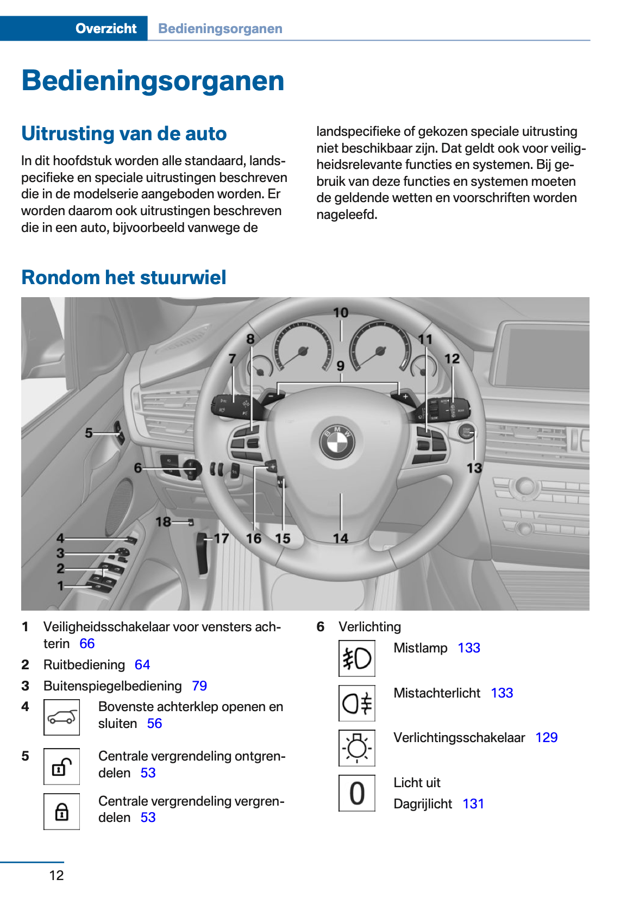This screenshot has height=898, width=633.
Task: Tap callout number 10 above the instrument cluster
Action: (x=341, y=313)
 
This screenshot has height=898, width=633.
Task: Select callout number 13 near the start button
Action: (x=474, y=468)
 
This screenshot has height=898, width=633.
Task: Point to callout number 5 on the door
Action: (x=89, y=433)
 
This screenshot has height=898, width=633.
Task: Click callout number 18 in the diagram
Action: (x=163, y=522)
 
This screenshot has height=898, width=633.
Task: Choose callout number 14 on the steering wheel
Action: (x=341, y=538)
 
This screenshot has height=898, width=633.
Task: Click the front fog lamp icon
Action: (x=356, y=658)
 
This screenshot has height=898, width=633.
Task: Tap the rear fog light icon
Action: (x=356, y=704)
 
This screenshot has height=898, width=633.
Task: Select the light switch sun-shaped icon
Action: (x=356, y=748)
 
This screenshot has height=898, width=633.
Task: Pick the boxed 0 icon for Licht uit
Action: (x=356, y=793)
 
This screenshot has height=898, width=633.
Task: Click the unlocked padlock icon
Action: (x=61, y=767)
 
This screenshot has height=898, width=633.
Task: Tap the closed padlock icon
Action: (x=61, y=812)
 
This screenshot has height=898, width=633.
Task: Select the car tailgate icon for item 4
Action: (x=61, y=717)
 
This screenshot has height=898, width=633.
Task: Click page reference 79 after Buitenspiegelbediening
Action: (x=199, y=686)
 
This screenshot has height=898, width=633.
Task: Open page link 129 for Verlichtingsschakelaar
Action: (x=546, y=738)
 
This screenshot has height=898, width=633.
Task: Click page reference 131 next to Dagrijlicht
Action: (x=473, y=804)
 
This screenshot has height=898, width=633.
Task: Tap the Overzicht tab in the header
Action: (x=106, y=29)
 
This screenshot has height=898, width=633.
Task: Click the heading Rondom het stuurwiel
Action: (x=124, y=278)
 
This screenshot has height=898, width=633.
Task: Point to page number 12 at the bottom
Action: (x=57, y=875)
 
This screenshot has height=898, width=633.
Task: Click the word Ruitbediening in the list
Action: (x=84, y=665)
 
